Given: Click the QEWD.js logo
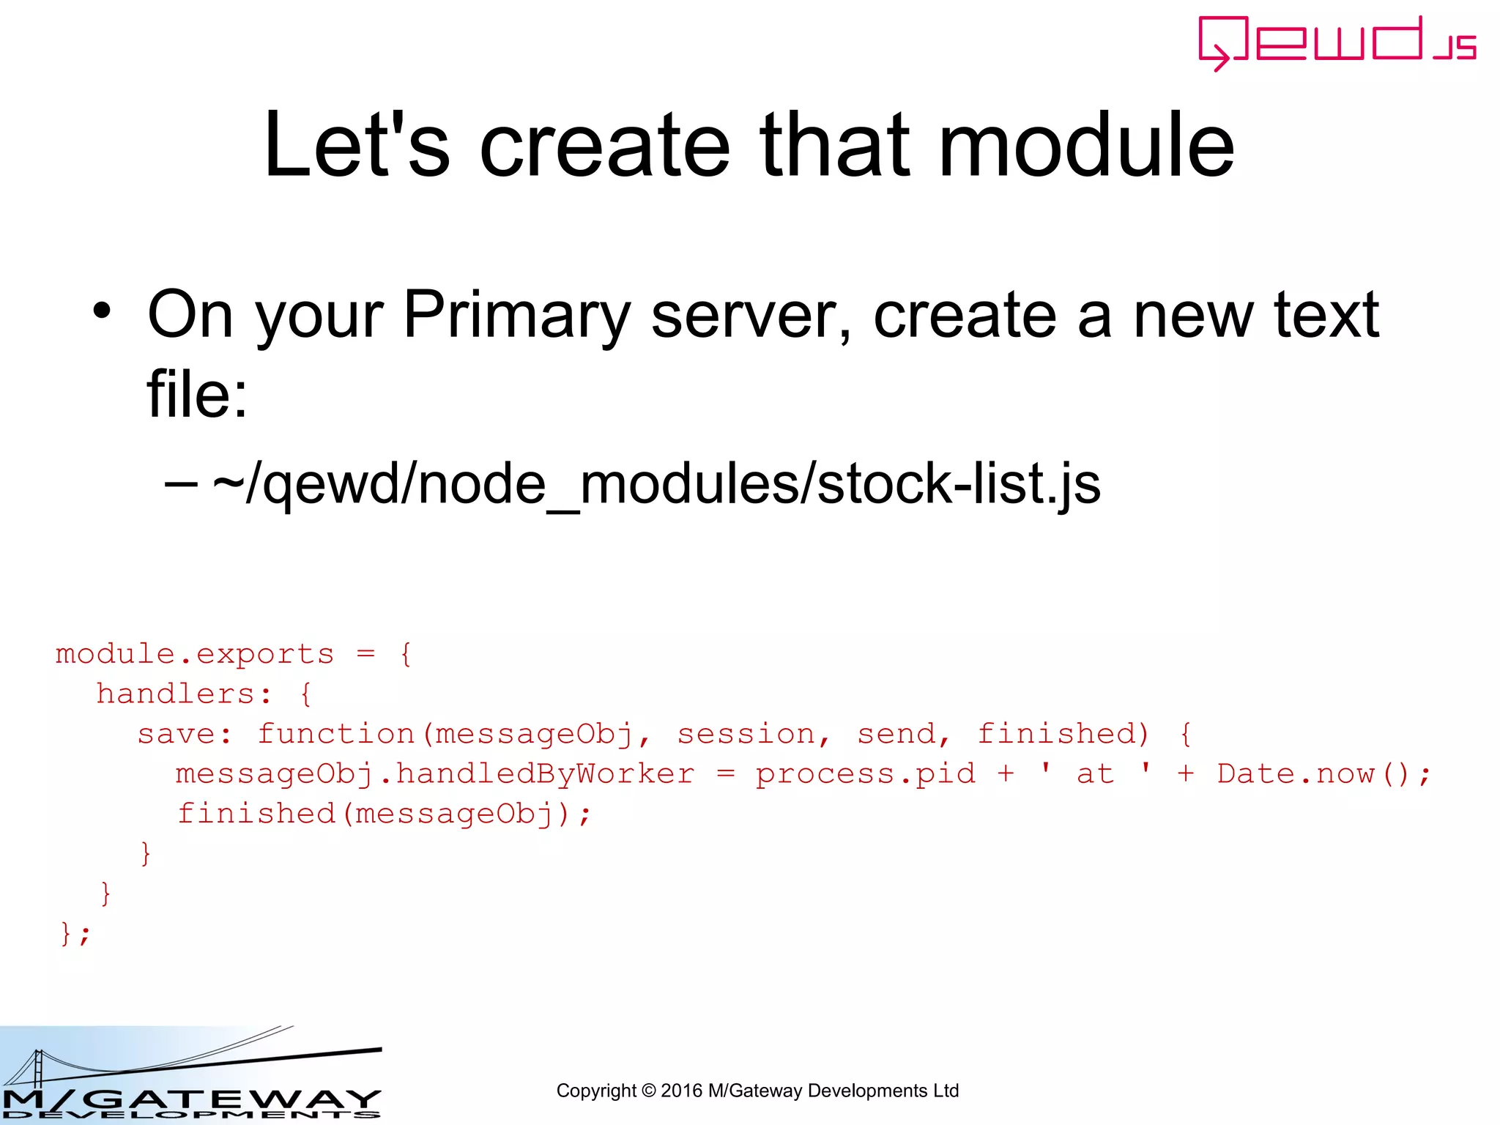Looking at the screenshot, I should [x=1337, y=42].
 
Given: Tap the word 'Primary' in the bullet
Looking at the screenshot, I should [x=516, y=315].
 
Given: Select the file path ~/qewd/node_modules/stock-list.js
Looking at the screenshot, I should [x=656, y=484].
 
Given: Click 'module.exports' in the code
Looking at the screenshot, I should [x=195, y=654].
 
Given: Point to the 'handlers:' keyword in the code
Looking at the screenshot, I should [x=184, y=694].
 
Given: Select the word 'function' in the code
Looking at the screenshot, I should [x=336, y=734].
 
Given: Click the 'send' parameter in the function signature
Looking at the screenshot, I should [x=897, y=734].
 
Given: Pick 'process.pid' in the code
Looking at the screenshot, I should [x=866, y=774].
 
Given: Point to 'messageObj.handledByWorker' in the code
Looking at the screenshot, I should [x=435, y=774].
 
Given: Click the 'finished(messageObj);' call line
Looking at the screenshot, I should [x=384, y=814].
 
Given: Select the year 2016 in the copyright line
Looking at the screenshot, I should [x=682, y=1091].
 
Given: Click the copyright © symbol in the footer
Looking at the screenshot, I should [x=648, y=1091].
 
